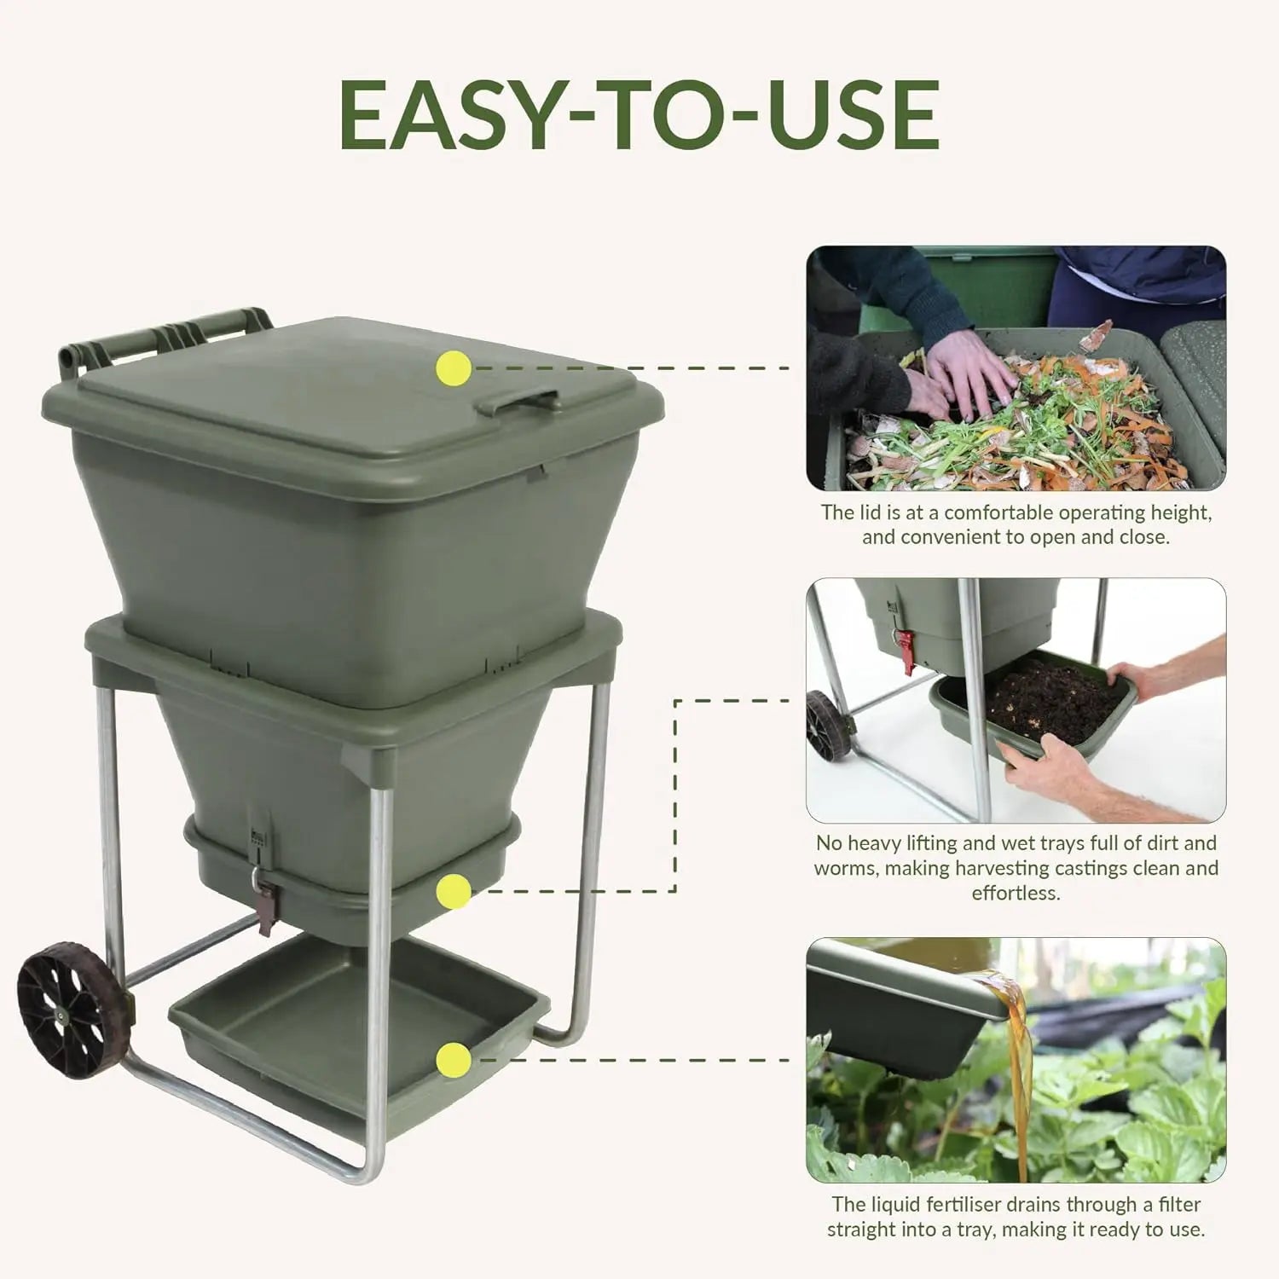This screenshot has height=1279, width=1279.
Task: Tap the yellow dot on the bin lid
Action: [x=453, y=368]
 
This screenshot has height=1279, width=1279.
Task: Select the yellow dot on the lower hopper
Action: [x=453, y=892]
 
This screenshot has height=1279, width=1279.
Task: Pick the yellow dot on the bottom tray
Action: [x=453, y=1060]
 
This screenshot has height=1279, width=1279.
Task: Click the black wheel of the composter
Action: [x=72, y=1010]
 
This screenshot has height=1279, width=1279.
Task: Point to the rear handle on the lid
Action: [x=166, y=337]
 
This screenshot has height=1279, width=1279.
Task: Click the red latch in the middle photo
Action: [x=904, y=650]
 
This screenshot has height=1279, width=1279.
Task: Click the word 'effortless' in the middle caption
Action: [x=1016, y=893]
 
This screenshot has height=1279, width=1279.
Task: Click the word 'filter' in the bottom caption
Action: [x=1178, y=1205]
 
